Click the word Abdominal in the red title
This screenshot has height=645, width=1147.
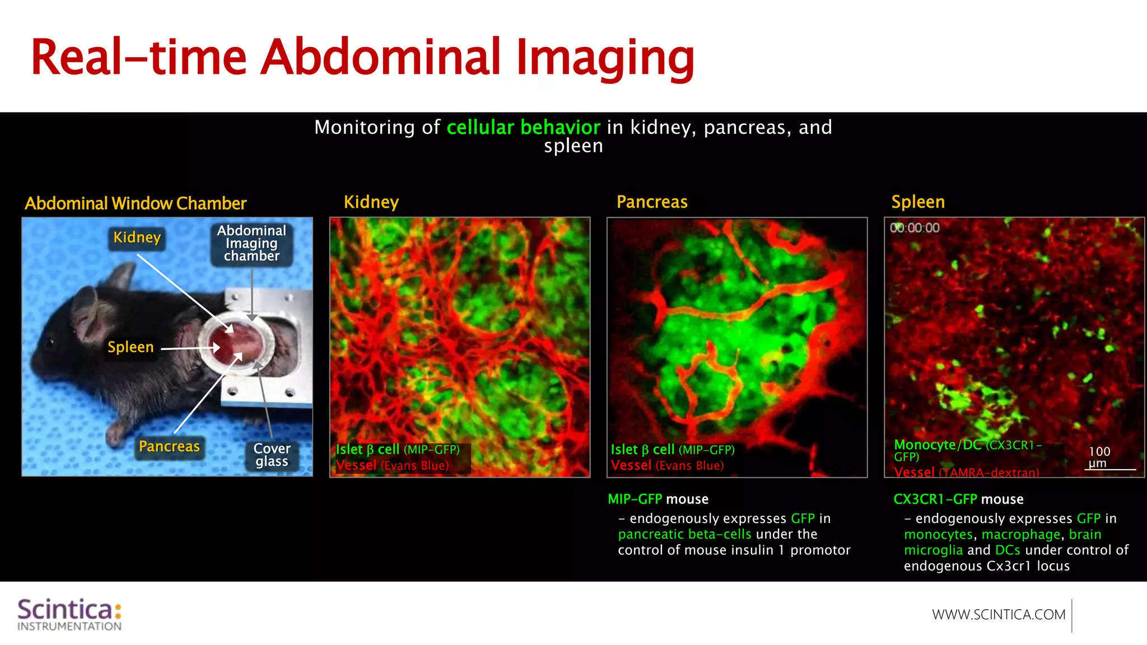380,57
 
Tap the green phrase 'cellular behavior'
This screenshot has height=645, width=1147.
523,128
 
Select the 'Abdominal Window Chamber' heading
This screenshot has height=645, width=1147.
136,203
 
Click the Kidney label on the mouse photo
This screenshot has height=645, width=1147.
137,238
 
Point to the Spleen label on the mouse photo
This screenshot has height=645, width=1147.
130,348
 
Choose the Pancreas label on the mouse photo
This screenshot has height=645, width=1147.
169,447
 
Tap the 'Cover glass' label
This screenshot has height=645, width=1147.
272,455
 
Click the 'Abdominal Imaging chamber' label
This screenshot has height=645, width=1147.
251,244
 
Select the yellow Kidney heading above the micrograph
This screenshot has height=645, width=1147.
371,202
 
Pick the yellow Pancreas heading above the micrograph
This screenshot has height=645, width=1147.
652,202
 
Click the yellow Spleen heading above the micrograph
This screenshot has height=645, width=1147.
918,202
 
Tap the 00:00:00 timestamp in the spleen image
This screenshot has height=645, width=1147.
915,228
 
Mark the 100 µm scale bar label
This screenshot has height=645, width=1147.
1099,457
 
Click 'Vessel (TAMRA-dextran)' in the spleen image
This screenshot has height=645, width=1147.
966,473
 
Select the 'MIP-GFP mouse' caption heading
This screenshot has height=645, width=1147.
658,499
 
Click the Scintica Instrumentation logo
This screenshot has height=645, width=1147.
69,614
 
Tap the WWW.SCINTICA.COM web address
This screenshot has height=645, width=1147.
999,615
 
